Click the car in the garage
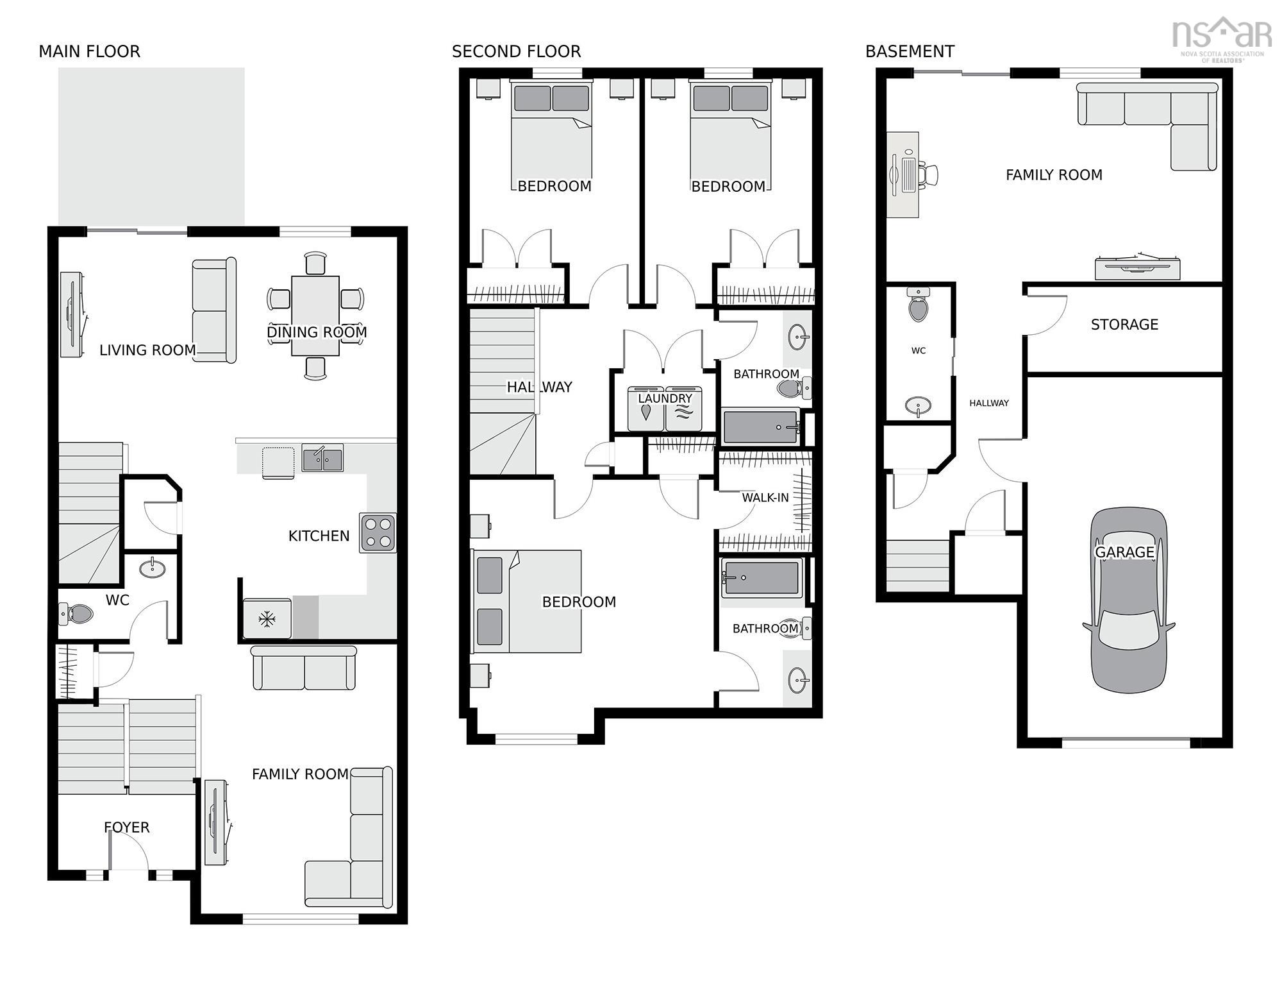click(1129, 600)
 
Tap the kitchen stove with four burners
click(378, 533)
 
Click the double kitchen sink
click(322, 458)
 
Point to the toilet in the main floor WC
click(77, 614)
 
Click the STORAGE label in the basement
click(1124, 325)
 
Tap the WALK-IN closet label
click(765, 498)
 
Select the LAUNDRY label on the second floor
click(665, 398)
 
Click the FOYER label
click(127, 827)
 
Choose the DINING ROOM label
click(317, 332)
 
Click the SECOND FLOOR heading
click(516, 51)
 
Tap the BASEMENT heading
click(910, 51)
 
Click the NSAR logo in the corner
click(1222, 38)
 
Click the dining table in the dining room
click(315, 316)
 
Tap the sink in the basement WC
click(919, 406)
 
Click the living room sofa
click(214, 310)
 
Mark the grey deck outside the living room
click(151, 146)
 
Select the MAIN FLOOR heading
click(89, 51)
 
